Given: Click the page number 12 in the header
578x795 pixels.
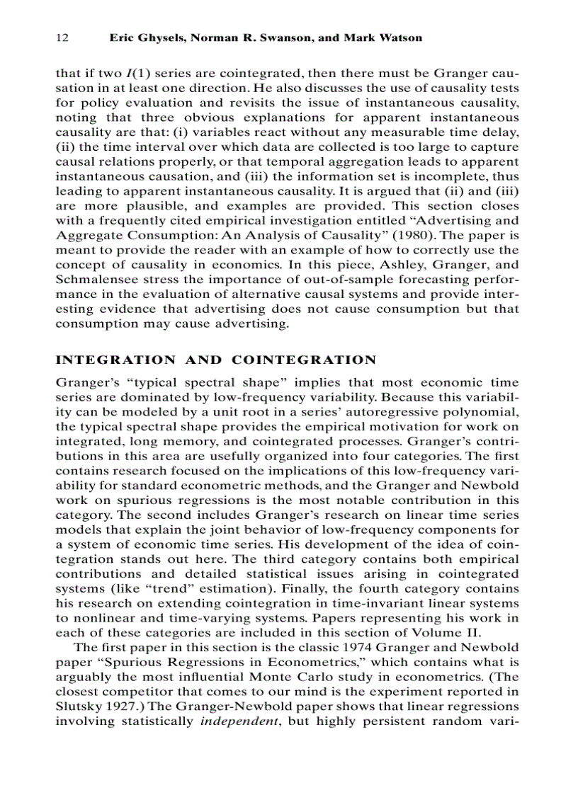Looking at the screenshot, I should tap(62, 38).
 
